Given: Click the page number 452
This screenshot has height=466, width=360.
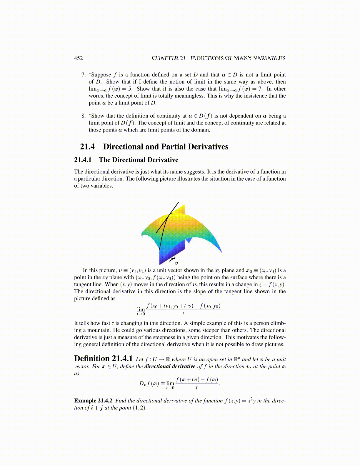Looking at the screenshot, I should (x=78, y=58).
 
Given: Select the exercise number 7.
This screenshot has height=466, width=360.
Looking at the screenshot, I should (x=84, y=75).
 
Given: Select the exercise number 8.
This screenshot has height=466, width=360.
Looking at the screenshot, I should (x=84, y=116).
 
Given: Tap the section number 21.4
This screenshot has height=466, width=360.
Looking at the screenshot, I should (x=87, y=147).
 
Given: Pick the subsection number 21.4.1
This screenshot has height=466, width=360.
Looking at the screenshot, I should (x=83, y=160).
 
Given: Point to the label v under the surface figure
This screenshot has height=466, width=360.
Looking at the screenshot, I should (x=176, y=263).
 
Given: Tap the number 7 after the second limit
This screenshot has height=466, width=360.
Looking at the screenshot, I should (x=261, y=89).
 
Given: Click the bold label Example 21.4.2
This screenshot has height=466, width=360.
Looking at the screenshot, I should (x=93, y=401).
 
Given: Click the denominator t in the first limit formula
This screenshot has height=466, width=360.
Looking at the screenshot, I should (x=183, y=314).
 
